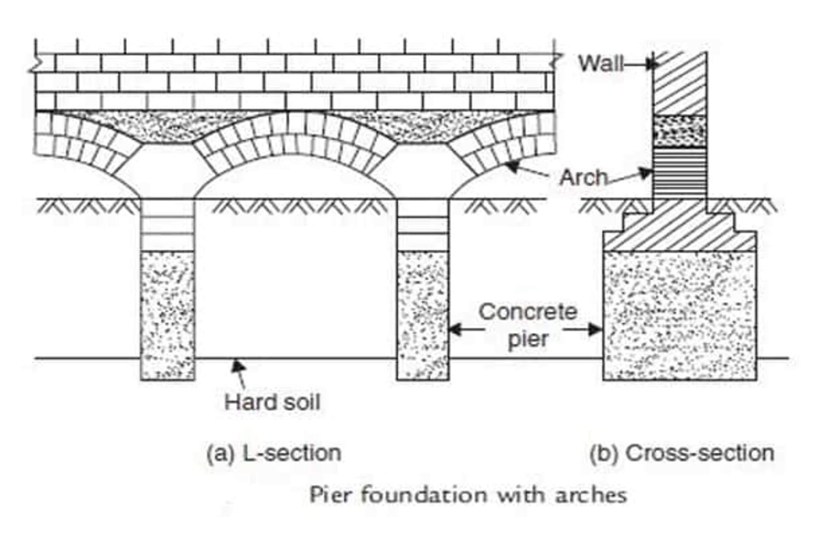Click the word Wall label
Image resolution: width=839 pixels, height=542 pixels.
(600, 64)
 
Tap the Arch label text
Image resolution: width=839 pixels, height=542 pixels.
(583, 178)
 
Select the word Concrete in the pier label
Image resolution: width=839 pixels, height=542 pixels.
(528, 312)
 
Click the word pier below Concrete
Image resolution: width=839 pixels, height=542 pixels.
(528, 339)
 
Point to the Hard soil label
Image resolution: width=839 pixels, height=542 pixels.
(272, 402)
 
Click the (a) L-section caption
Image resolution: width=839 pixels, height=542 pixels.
(274, 453)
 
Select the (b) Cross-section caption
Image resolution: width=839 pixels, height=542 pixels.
(682, 453)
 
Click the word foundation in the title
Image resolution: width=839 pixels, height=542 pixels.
(424, 495)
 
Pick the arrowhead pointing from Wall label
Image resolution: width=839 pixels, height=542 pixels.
(651, 64)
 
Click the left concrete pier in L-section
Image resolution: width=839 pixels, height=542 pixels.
(167, 315)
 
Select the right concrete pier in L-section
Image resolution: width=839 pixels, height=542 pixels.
(423, 315)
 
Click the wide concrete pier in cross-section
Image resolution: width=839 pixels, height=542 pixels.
(680, 315)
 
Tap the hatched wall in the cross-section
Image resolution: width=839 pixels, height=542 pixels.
(680, 83)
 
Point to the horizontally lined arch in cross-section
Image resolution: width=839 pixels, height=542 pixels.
(680, 173)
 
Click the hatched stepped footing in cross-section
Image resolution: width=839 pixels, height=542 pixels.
(680, 232)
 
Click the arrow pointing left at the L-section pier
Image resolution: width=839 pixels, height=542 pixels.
(457, 329)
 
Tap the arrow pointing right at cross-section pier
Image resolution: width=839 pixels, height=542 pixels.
(594, 329)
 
